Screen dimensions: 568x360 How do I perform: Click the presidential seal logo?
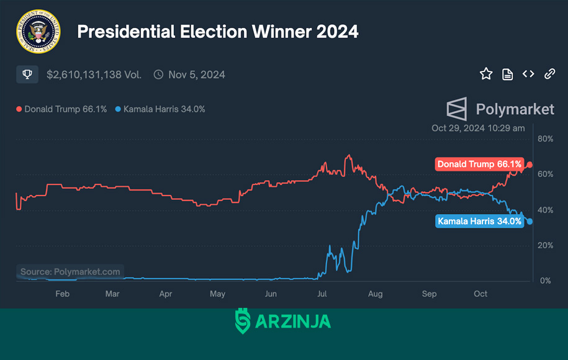click(x=38, y=32)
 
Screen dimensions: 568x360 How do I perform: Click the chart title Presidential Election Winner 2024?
click(x=218, y=32)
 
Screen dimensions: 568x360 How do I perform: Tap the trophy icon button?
click(x=27, y=74)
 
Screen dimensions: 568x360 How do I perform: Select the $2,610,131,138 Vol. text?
click(x=94, y=74)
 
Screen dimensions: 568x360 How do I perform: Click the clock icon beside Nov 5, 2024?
click(x=158, y=74)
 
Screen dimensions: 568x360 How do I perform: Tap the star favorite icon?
click(x=486, y=74)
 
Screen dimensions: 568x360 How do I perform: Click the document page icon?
click(x=507, y=74)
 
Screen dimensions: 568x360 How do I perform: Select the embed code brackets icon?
click(x=528, y=74)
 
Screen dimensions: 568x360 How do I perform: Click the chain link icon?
click(x=549, y=74)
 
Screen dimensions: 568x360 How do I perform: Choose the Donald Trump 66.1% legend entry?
click(x=61, y=109)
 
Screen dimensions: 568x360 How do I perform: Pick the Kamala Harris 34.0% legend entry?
click(x=160, y=109)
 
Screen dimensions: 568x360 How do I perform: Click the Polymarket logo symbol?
click(x=457, y=109)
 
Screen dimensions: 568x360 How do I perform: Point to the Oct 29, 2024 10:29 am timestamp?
click(x=478, y=128)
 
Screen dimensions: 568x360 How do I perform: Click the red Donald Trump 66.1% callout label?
click(x=479, y=164)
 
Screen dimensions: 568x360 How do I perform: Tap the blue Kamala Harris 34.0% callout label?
click(x=479, y=222)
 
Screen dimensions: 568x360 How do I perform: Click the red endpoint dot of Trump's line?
click(x=530, y=164)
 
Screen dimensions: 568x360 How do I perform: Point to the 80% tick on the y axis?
click(x=545, y=138)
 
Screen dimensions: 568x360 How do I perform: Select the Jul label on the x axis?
click(x=322, y=294)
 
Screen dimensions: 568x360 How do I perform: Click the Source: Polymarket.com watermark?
click(x=70, y=272)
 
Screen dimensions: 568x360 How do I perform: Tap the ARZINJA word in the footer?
click(x=293, y=322)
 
